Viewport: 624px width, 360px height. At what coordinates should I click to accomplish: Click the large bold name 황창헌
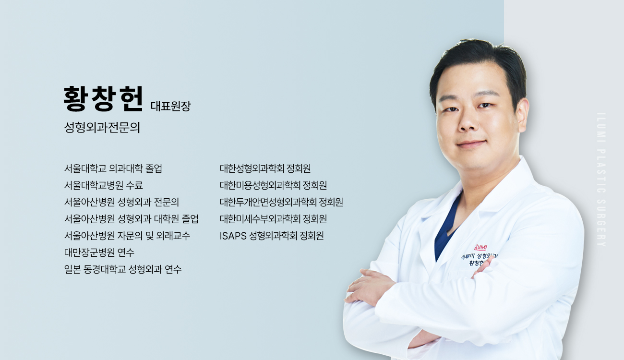tap(103, 98)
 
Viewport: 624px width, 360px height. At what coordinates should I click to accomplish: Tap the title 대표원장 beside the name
tap(170, 106)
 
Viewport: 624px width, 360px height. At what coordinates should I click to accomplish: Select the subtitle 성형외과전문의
tap(102, 127)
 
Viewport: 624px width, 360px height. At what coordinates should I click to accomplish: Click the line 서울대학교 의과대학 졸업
tap(113, 168)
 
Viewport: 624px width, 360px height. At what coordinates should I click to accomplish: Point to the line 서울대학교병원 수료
tap(104, 185)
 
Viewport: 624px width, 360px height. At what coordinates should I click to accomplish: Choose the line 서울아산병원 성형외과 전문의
tap(121, 202)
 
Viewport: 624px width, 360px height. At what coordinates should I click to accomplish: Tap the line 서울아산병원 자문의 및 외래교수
tap(127, 236)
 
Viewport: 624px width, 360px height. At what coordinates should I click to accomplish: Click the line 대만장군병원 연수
tap(99, 252)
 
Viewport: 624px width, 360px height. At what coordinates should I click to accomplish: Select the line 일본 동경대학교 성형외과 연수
tap(123, 269)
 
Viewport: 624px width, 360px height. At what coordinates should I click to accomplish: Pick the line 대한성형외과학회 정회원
tap(265, 168)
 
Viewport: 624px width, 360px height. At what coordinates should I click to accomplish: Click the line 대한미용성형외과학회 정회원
tap(273, 185)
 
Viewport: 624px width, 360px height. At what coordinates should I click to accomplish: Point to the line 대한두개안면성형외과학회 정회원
tap(281, 202)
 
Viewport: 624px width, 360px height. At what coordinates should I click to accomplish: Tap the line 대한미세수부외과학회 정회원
tap(273, 219)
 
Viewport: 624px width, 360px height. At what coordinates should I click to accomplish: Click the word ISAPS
tap(233, 236)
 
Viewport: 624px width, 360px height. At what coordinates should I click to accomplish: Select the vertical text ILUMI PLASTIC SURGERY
tap(601, 180)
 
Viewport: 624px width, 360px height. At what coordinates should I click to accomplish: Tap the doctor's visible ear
tap(523, 114)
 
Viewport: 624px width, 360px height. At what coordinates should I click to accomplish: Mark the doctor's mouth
tap(472, 144)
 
